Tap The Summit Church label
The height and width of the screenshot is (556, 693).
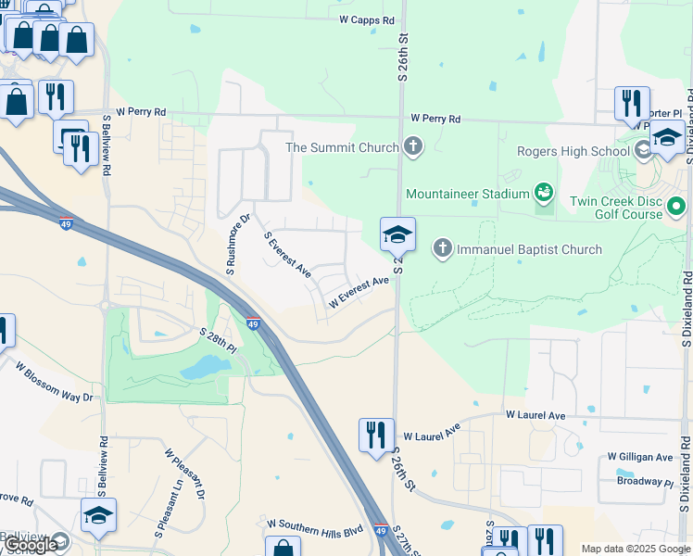342,147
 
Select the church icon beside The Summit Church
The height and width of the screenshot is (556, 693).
413,146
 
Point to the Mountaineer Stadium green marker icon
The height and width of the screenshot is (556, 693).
544,194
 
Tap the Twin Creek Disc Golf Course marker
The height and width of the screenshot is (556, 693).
677,206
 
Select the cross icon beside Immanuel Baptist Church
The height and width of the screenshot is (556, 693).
442,248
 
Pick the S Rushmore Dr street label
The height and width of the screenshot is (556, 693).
238,246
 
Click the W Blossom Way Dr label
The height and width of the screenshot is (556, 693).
55,379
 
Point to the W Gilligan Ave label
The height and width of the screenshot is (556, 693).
640,457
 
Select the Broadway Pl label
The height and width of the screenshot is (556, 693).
646,482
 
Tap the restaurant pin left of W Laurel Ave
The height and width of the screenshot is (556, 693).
375,434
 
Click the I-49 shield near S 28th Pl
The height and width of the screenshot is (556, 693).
253,323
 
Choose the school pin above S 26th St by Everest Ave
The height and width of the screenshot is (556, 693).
397,235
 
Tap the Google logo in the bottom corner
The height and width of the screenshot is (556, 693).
30,546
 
